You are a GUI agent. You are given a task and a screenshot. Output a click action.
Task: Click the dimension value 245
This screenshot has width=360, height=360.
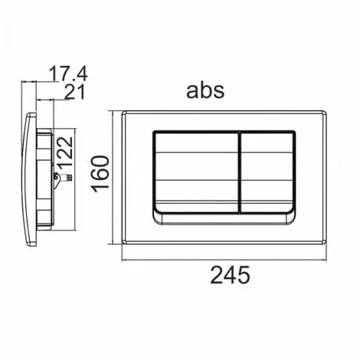coord(230,275)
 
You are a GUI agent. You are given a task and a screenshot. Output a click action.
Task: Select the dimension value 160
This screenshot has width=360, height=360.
coord(100,174)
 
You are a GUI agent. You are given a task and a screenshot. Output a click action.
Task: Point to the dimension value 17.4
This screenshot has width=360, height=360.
coord(68,74)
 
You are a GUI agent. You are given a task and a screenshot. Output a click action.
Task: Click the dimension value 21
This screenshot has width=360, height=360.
coord(74,92)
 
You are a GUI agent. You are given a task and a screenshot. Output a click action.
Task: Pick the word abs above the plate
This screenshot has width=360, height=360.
coord(205,90)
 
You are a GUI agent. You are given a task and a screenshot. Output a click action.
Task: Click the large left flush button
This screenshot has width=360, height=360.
coord(196,172)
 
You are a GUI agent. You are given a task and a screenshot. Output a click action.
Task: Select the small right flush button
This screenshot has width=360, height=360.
coord(268,172)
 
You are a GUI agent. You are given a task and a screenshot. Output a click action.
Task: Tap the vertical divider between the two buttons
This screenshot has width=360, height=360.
coord(240,172)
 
